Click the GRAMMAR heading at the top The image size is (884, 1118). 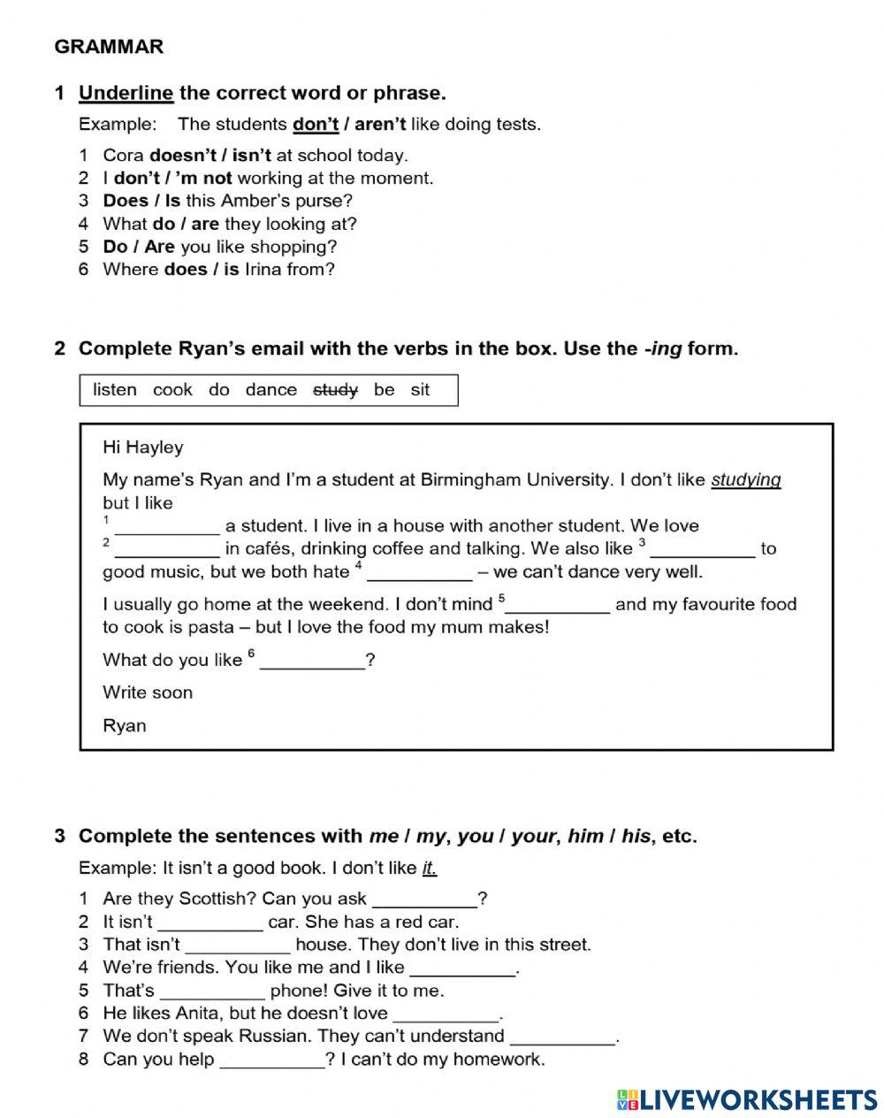109,47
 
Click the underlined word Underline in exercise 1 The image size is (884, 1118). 126,93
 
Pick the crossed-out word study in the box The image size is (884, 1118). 335,390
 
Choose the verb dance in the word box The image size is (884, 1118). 271,390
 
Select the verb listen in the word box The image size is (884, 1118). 115,390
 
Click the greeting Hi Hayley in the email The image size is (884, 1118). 143,448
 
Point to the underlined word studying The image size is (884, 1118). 745,480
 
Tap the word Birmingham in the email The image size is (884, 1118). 476,480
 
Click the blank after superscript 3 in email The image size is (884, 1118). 702,550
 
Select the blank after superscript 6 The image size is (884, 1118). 312,662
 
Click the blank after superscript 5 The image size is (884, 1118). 557,606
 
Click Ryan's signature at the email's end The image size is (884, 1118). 125,726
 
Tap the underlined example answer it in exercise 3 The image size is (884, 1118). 429,868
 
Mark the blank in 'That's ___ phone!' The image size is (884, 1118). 212,992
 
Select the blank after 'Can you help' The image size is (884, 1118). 271,1060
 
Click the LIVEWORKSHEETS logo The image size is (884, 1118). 747,1099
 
